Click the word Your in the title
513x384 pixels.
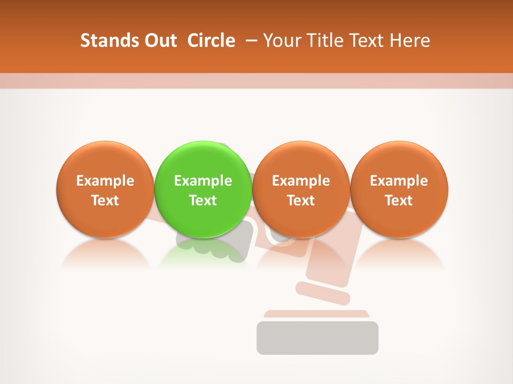pyautogui.click(x=281, y=41)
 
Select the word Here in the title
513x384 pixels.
pyautogui.click(x=411, y=41)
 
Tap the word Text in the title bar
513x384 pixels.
pyautogui.click(x=366, y=41)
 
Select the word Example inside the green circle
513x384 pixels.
pyautogui.click(x=203, y=181)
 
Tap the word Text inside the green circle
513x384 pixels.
pyautogui.click(x=203, y=201)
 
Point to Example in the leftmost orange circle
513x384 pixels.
pyautogui.click(x=105, y=181)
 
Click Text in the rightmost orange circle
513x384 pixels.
pyautogui.click(x=399, y=201)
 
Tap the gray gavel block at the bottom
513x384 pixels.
pyautogui.click(x=317, y=338)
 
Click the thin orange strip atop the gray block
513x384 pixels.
pyautogui.click(x=317, y=314)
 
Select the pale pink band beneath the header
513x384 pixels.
pyautogui.click(x=256, y=81)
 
